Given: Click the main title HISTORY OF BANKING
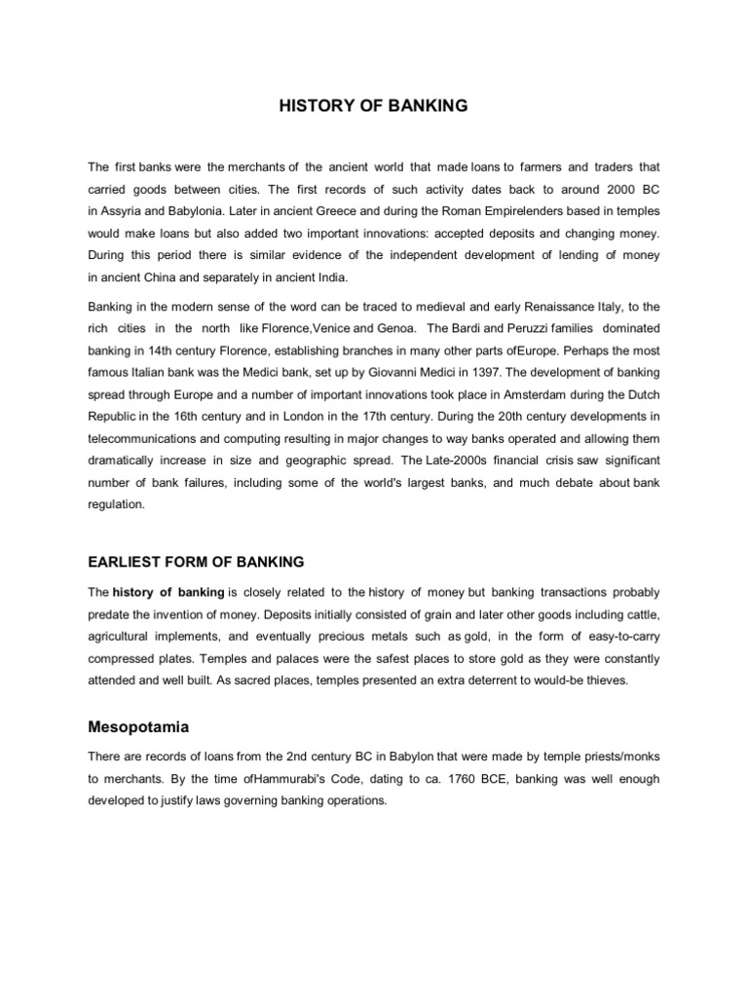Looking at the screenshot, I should pos(374,105).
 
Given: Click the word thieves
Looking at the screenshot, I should pos(608,681).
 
